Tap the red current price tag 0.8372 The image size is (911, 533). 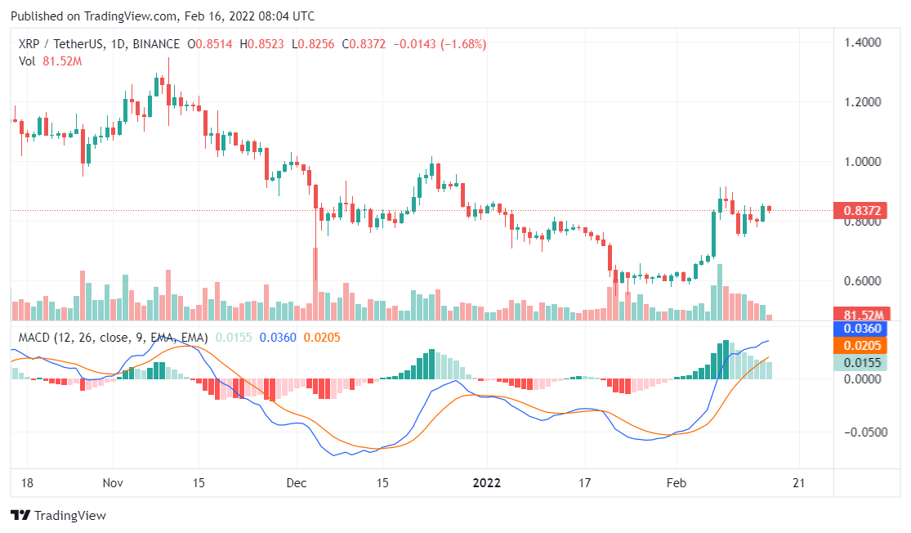pos(860,211)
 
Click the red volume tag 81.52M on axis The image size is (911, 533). pos(860,315)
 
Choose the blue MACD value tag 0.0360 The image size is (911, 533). pos(860,329)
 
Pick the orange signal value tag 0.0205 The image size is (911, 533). pos(860,346)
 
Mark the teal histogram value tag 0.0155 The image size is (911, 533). pos(860,362)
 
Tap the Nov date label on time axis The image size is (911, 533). pos(114,482)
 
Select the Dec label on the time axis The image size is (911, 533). pos(297,482)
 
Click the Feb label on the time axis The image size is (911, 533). pos(676,482)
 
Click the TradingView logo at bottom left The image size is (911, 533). pos(58,516)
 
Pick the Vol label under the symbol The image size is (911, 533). pos(27,60)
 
